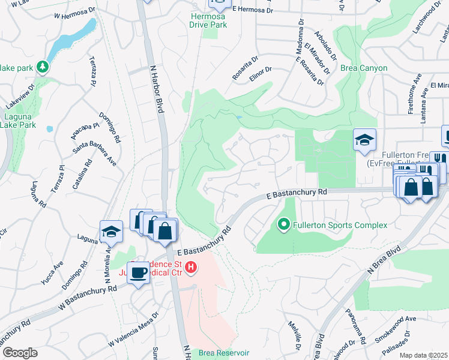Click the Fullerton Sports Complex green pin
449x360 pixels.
pyautogui.click(x=284, y=226)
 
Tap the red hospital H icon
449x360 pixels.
pyautogui.click(x=191, y=267)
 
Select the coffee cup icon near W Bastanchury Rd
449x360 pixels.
pyautogui.click(x=138, y=272)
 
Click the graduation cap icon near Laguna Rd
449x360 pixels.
pyautogui.click(x=112, y=232)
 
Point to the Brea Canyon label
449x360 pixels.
pyautogui.click(x=364, y=68)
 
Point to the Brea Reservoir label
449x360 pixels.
pyautogui.click(x=224, y=353)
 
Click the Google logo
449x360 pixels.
pyautogui.click(x=20, y=353)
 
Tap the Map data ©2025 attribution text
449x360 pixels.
pyautogui.click(x=423, y=356)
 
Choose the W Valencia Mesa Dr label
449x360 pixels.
pyautogui.click(x=133, y=329)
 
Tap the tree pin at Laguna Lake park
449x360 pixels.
pyautogui.click(x=43, y=65)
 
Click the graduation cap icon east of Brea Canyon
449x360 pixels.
pyautogui.click(x=364, y=140)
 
